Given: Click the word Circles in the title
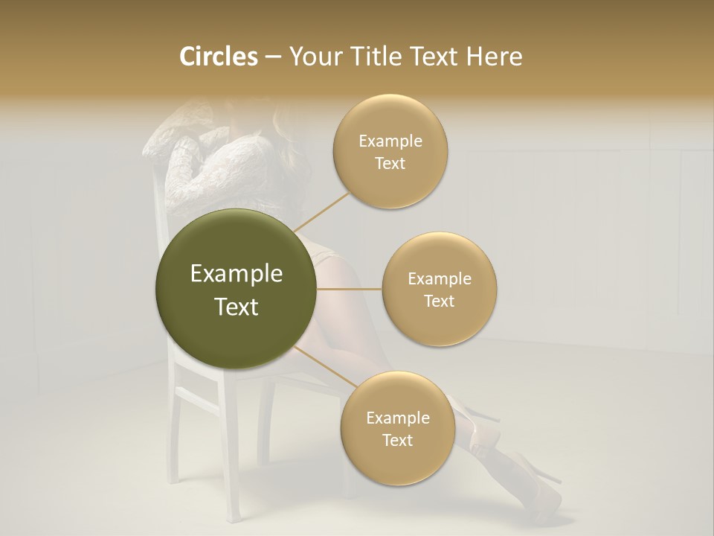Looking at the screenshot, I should [218, 57].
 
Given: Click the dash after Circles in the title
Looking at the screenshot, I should [272, 57].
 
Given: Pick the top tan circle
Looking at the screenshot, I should [390, 151].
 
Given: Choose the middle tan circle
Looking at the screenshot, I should [440, 289].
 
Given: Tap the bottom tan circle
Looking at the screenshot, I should [398, 428].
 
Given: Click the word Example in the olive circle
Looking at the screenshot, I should [237, 274].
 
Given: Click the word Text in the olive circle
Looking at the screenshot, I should [237, 307].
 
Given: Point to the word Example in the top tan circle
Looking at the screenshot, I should [390, 141].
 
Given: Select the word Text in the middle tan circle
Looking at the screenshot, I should [440, 301].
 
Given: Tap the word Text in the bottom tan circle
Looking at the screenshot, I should [398, 440].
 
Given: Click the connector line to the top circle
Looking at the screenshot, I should [321, 211].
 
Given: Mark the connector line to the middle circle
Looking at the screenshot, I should [349, 289].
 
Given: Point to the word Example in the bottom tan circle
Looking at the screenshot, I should [398, 418].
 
